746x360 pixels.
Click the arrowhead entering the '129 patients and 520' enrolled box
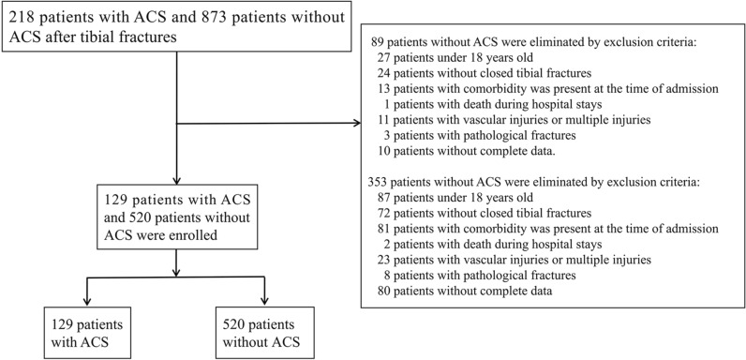(176, 183)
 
